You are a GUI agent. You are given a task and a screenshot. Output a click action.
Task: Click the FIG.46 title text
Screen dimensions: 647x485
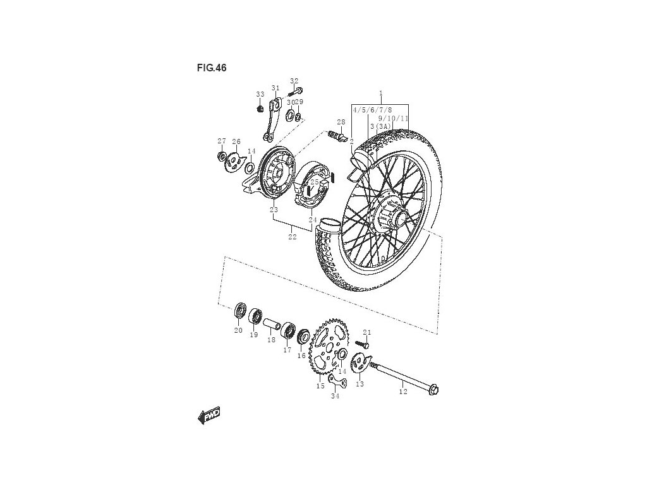click(x=212, y=68)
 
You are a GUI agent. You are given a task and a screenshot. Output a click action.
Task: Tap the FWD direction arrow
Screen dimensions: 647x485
click(x=209, y=415)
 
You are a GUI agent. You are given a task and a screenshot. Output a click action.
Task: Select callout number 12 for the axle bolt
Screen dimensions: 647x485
click(x=403, y=392)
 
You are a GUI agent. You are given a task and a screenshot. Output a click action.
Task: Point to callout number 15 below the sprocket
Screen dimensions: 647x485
click(x=320, y=385)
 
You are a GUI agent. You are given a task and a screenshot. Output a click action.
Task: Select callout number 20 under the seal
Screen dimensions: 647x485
click(x=238, y=330)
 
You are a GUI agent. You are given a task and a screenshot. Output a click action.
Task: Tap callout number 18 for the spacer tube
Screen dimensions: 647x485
click(x=271, y=340)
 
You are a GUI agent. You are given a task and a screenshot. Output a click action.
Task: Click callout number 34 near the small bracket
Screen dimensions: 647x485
click(x=335, y=397)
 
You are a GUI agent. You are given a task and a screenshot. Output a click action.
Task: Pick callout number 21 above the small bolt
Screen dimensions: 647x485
click(x=367, y=333)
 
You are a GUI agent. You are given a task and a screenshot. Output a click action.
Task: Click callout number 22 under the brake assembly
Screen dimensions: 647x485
click(x=292, y=237)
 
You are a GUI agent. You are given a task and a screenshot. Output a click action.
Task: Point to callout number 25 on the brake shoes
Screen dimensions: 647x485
click(x=315, y=182)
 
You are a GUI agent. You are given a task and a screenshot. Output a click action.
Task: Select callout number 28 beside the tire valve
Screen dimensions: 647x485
click(x=341, y=122)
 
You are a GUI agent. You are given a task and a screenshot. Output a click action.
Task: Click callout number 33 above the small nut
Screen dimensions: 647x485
click(x=260, y=94)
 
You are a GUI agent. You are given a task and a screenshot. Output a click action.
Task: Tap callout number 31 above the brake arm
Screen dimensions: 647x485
click(x=275, y=88)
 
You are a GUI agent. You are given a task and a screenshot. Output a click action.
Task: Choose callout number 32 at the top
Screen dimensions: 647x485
click(x=294, y=81)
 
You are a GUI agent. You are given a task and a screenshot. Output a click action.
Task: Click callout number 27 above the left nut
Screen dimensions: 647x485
click(x=222, y=141)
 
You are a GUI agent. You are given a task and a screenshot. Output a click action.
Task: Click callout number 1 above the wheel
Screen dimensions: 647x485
click(x=381, y=93)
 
